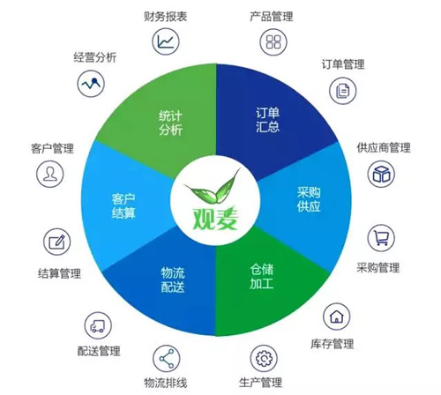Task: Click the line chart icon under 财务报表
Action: (x=166, y=41)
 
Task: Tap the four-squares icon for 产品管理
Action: (x=273, y=41)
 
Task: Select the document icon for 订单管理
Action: (x=342, y=91)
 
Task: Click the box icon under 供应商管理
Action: (x=381, y=174)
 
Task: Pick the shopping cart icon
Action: (x=381, y=238)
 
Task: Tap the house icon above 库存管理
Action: (x=337, y=317)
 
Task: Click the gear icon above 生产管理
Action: (x=264, y=359)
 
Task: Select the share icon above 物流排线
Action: (x=167, y=359)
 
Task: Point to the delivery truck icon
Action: (x=98, y=325)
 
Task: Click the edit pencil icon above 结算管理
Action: (x=57, y=242)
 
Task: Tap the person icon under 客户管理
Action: (x=50, y=174)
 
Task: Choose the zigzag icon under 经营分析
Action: (x=91, y=84)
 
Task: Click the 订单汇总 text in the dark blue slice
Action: (x=267, y=120)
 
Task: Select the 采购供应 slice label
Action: (x=309, y=199)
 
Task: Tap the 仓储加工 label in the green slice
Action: (x=262, y=276)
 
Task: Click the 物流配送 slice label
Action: (x=173, y=279)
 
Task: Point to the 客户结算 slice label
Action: (x=123, y=206)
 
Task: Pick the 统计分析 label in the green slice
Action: (x=170, y=123)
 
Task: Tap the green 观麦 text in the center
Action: (x=215, y=219)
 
